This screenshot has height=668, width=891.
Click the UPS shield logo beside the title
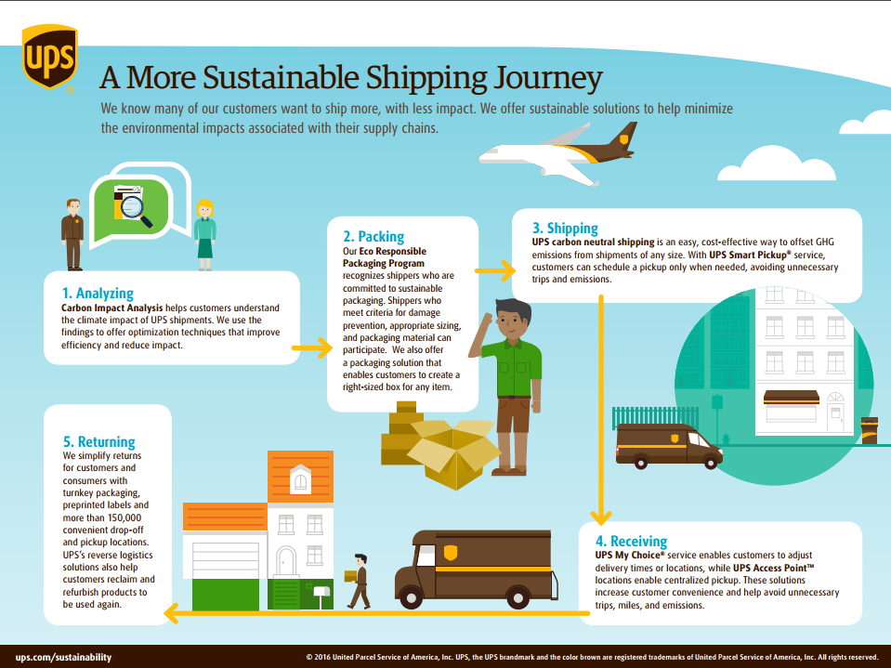[49, 57]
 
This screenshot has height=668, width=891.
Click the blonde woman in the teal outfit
[204, 234]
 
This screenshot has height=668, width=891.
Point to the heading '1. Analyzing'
[98, 293]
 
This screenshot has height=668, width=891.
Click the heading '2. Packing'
[373, 236]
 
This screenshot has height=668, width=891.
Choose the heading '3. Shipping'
[565, 229]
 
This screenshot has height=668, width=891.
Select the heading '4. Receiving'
[631, 541]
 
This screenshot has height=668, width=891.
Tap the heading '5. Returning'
[98, 442]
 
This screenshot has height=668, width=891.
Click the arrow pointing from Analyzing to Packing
[312, 347]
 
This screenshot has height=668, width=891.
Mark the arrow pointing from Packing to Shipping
[495, 271]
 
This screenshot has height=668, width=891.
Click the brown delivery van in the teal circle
[669, 446]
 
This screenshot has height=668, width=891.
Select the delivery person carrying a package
[358, 581]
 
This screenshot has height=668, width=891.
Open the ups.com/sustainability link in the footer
[63, 657]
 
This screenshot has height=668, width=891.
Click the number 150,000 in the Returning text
[119, 517]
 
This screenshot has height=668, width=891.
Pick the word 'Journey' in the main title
[548, 78]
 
